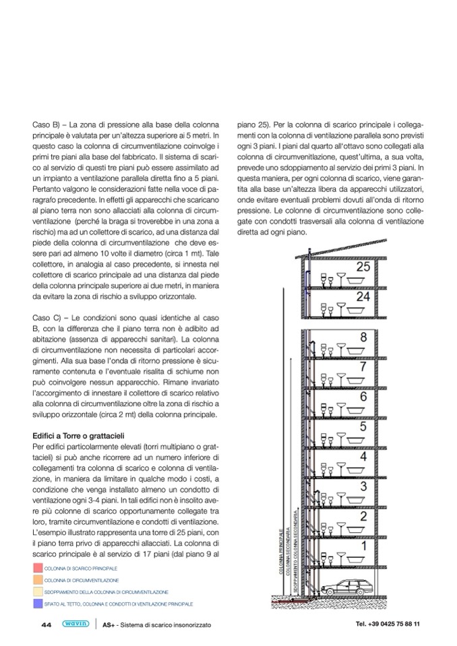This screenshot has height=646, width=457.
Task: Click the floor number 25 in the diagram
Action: [363, 267]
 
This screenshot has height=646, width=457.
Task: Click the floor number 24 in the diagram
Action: [363, 296]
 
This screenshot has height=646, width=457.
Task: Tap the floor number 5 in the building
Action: [363, 426]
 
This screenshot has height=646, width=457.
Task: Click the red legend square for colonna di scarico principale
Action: [38, 569]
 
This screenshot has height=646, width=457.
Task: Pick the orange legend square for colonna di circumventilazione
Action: [38, 580]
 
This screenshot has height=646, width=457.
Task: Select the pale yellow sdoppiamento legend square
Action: [38, 592]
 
